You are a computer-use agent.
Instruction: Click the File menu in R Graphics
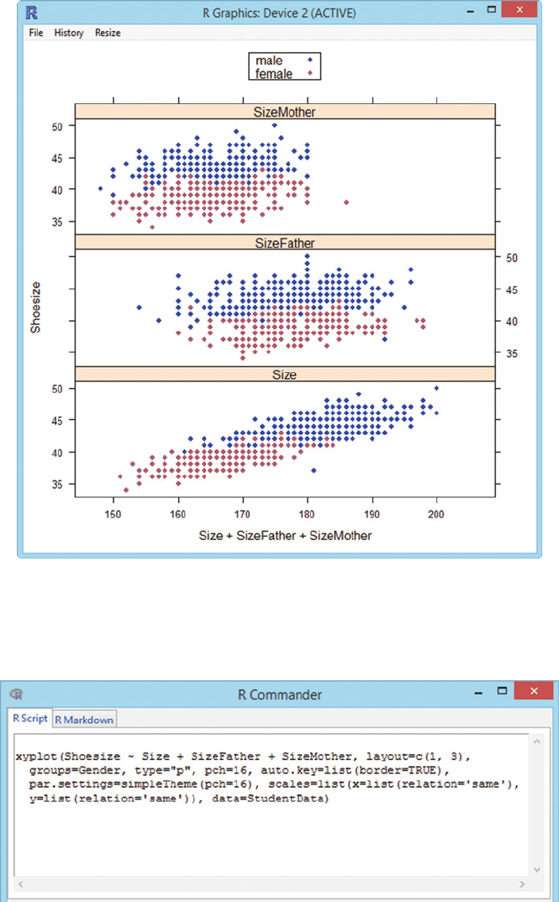coord(35,33)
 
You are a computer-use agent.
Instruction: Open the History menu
coord(69,33)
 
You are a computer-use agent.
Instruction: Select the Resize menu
coord(108,33)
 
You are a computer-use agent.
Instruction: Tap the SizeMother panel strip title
coord(285,112)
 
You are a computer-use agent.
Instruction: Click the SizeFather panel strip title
coord(285,243)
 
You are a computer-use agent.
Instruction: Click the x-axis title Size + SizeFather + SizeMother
coord(285,534)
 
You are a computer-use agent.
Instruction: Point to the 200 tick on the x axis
coord(436,514)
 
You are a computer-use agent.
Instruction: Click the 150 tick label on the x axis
coord(113,514)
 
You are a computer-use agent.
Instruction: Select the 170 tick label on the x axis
coord(242,514)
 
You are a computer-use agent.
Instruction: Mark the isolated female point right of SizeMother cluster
coord(347,202)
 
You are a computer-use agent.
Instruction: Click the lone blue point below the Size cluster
coord(314,470)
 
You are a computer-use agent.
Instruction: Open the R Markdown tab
coord(85,719)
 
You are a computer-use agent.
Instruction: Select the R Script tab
coord(31,718)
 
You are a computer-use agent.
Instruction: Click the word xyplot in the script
coord(33,756)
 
